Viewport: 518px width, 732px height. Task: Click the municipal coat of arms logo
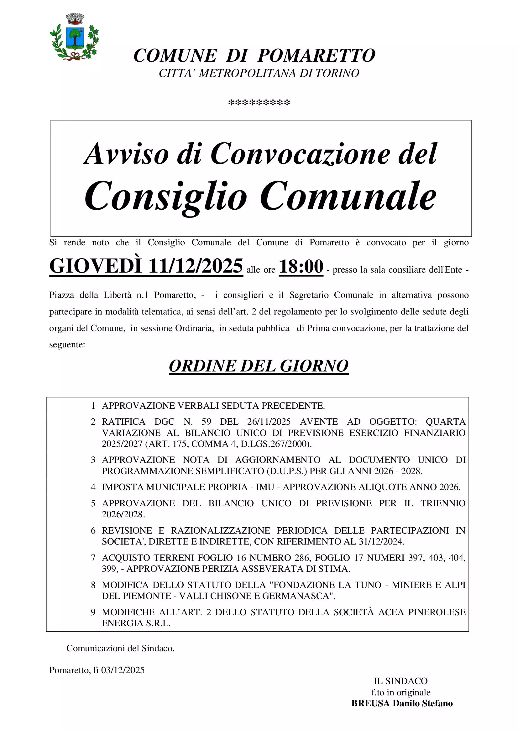(74, 37)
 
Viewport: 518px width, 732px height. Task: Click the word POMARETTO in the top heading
(316, 56)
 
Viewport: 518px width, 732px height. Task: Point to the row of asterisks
(259, 103)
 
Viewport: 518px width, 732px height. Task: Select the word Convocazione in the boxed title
(300, 154)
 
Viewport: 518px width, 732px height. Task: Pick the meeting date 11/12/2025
(195, 266)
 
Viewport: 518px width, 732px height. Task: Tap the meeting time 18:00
(301, 267)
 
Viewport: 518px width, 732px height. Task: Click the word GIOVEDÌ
(96, 266)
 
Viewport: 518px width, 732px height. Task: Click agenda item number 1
(93, 406)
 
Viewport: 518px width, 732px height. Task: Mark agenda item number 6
(93, 530)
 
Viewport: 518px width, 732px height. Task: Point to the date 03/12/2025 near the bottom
(123, 670)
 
